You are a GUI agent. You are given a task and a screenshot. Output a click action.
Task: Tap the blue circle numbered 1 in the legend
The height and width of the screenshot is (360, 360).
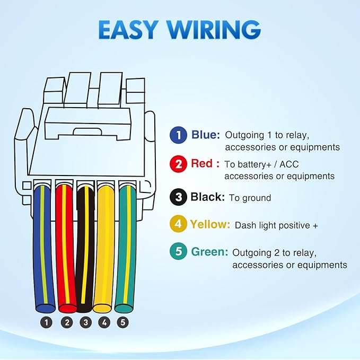coord(178,135)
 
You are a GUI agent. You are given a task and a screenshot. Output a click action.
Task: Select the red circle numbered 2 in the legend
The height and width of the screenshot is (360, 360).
coord(178,164)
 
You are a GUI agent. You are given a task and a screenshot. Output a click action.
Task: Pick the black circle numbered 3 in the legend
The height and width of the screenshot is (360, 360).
coord(178,197)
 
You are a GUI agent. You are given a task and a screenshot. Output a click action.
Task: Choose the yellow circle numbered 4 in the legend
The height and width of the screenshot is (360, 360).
coord(178,224)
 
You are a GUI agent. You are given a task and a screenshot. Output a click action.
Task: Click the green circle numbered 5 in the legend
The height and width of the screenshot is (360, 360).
coord(178,251)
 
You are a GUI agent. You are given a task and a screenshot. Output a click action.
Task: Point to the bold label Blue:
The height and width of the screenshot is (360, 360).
coord(206,135)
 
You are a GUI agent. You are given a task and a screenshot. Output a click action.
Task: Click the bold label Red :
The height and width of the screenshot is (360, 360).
coord(205,163)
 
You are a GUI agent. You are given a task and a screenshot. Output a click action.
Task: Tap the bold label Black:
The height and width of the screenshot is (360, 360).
coord(207,197)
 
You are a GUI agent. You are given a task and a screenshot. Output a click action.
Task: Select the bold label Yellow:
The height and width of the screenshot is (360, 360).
coord(210,224)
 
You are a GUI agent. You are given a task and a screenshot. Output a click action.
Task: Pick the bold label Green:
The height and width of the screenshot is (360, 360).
coord(209,252)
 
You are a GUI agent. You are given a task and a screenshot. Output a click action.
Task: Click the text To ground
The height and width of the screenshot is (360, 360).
coord(250,198)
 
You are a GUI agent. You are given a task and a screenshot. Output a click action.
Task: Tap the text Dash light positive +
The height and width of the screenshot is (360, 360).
coord(276,225)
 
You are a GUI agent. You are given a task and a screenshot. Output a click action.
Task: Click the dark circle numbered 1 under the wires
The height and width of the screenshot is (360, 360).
coord(46,322)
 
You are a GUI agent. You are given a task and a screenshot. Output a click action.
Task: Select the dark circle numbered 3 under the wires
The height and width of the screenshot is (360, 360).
coord(86,322)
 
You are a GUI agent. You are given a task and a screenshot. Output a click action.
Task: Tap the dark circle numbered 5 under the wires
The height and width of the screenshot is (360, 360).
coord(123,322)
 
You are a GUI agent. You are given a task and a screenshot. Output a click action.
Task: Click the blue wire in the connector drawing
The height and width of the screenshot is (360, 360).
coord(43,249)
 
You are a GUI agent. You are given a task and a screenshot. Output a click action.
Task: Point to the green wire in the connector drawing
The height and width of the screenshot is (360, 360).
coord(126,249)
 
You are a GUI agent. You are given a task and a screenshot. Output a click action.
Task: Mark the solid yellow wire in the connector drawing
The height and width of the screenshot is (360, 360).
coord(104,249)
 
